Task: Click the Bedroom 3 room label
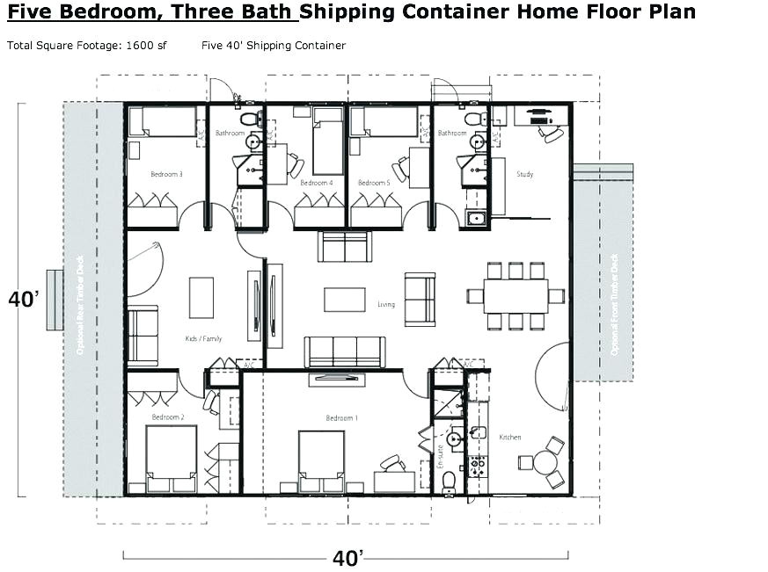[x=166, y=174]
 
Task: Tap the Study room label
[x=525, y=174]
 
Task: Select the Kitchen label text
[x=510, y=437]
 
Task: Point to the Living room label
[x=386, y=305]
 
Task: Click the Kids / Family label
[x=204, y=338]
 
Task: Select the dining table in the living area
[x=516, y=295]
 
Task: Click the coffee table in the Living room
[x=344, y=300]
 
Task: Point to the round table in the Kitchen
[x=541, y=462]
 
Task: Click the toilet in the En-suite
[x=450, y=480]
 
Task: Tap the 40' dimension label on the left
[x=23, y=300]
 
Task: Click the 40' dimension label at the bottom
[x=348, y=557]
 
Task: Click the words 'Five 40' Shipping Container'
[x=273, y=45]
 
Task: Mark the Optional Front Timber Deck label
[x=614, y=304]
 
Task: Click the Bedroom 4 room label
[x=316, y=183]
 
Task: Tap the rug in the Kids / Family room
[x=201, y=297]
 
